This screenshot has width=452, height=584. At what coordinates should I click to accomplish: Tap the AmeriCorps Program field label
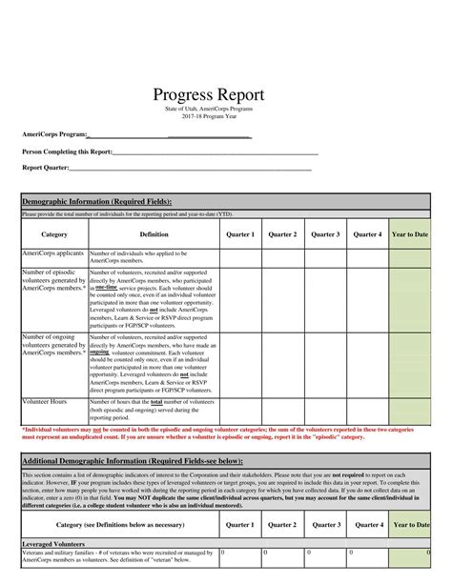point(54,134)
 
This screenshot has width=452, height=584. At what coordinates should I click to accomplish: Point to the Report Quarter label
point(45,168)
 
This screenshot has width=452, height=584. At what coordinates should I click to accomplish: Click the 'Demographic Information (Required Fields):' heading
point(96,202)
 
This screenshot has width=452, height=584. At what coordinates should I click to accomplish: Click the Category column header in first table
point(54,233)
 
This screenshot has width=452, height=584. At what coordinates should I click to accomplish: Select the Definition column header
point(154,233)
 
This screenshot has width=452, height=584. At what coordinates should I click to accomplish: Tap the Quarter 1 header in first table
point(240,233)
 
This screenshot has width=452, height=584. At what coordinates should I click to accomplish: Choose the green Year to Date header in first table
point(410,233)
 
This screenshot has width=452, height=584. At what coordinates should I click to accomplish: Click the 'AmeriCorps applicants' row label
point(53,254)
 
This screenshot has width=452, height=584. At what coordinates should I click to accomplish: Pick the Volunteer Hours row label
point(47,402)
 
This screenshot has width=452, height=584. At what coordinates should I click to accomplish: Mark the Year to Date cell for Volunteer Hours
point(410,411)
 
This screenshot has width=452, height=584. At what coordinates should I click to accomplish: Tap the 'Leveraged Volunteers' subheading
point(53,543)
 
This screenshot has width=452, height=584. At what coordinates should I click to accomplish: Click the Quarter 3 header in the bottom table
point(326,524)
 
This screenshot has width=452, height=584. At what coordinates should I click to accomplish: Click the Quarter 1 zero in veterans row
point(223,552)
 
